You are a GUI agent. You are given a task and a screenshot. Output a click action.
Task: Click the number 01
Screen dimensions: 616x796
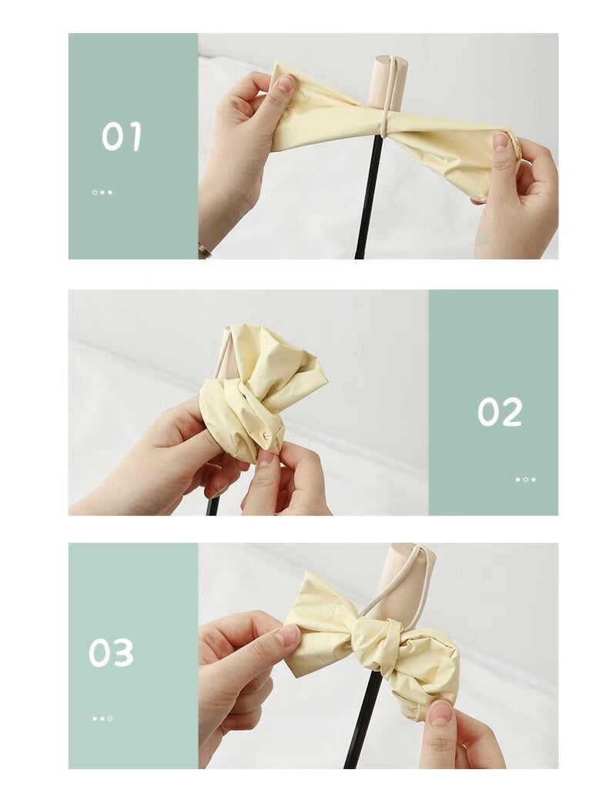pyautogui.click(x=122, y=136)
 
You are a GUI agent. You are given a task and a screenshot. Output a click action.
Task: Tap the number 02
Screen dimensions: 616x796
pyautogui.click(x=500, y=412)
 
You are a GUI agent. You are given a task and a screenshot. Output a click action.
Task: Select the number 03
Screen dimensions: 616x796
pyautogui.click(x=111, y=652)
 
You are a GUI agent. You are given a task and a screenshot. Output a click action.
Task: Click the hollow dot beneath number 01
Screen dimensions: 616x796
pyautogui.click(x=95, y=192)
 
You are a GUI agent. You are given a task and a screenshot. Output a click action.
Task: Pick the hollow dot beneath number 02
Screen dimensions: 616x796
pyautogui.click(x=526, y=480)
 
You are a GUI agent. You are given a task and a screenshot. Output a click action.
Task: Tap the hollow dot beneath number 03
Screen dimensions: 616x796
pyautogui.click(x=110, y=718)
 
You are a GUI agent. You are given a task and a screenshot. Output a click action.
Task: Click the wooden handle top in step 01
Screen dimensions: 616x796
pyautogui.click(x=389, y=82)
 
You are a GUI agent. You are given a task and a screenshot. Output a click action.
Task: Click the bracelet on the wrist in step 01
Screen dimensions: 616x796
pyautogui.click(x=204, y=249)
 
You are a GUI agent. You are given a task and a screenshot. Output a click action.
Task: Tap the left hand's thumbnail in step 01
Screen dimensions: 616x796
pyautogui.click(x=286, y=82)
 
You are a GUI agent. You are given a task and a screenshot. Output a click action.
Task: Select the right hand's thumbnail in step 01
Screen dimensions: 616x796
pyautogui.click(x=500, y=140)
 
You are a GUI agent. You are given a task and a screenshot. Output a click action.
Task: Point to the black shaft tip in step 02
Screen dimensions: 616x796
pyautogui.click(x=213, y=506)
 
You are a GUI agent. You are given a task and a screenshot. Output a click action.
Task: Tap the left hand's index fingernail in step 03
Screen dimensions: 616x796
pyautogui.click(x=288, y=634)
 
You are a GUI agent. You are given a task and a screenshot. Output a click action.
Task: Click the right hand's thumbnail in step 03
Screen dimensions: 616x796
pyautogui.click(x=440, y=712)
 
